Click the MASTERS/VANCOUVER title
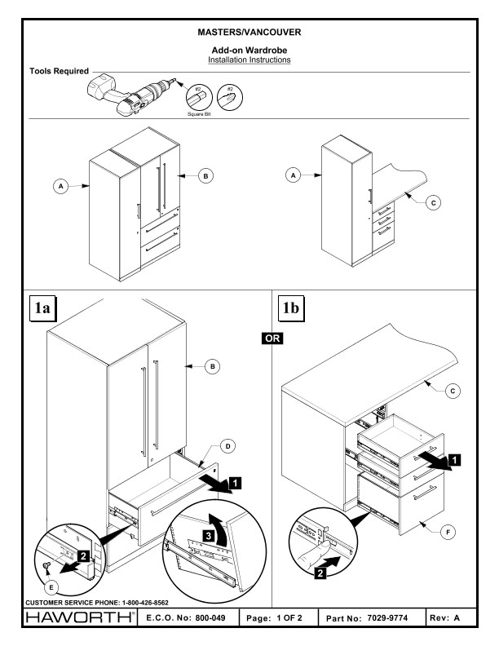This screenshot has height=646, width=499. pyautogui.click(x=249, y=33)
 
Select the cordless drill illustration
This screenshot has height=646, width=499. pyautogui.click(x=135, y=92)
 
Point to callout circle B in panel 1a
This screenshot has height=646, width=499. pyautogui.click(x=214, y=368)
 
